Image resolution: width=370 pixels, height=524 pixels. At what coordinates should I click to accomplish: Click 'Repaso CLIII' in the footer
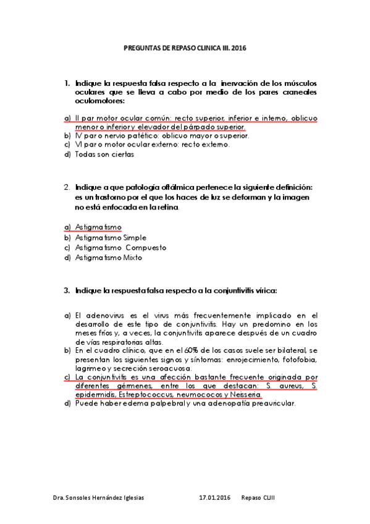(x=259, y=497)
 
